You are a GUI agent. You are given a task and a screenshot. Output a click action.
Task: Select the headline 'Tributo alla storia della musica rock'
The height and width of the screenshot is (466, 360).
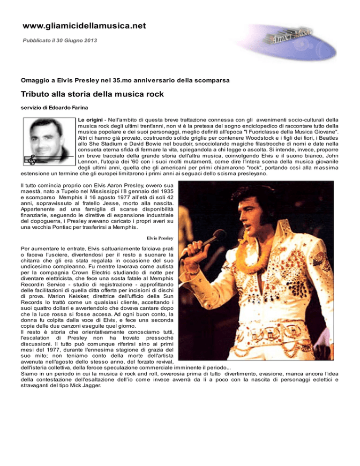click(x=92, y=94)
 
